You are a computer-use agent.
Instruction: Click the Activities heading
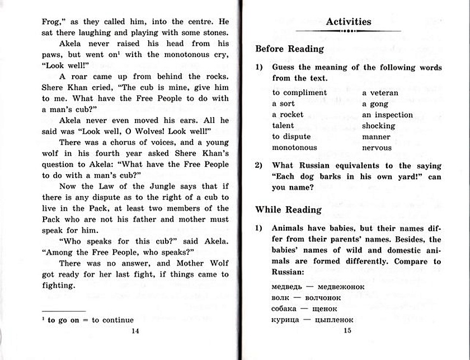(349, 22)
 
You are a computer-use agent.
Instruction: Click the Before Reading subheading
(289, 49)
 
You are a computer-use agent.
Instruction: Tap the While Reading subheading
(288, 209)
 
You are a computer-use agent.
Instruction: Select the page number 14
(134, 331)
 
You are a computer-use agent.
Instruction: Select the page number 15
(347, 331)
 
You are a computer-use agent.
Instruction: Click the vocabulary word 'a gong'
(375, 104)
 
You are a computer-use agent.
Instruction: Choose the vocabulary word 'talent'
(283, 126)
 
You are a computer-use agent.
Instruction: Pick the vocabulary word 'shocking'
(378, 126)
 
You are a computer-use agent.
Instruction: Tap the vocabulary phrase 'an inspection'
(387, 115)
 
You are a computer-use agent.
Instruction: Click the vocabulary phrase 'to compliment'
(299, 92)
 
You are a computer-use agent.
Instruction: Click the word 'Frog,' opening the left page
(53, 22)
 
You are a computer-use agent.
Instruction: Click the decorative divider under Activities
(349, 31)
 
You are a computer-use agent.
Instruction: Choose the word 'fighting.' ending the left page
(59, 286)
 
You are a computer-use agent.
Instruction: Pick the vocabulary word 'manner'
(376, 137)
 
